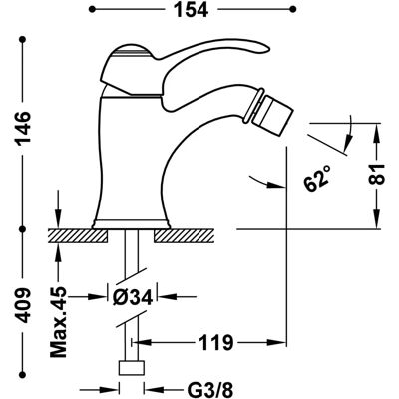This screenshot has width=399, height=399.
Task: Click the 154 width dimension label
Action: point(192,10)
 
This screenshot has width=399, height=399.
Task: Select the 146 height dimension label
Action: point(24,127)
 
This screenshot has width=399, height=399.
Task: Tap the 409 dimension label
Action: point(24,306)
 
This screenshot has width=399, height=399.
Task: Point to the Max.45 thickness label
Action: point(59,323)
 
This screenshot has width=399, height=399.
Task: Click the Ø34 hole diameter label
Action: point(133,297)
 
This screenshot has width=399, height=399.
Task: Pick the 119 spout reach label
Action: point(216,342)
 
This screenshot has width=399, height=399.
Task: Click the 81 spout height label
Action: point(377,174)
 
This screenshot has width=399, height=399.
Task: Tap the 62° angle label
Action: point(317,179)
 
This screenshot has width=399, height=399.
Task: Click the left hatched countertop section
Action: point(78,236)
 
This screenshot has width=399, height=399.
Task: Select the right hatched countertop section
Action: point(185,236)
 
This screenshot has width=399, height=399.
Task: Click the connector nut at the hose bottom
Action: point(132,368)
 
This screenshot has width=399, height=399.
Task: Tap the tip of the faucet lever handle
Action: point(267,49)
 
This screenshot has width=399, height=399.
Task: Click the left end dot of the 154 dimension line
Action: point(92,9)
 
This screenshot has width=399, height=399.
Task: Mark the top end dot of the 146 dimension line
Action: point(23,39)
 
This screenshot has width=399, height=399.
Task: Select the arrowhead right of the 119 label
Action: point(276,342)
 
